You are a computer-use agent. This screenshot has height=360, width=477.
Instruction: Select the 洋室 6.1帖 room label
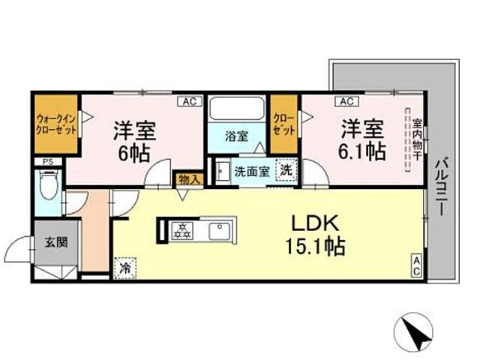click(364, 139)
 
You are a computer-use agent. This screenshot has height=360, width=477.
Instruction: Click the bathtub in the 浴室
click(233, 111)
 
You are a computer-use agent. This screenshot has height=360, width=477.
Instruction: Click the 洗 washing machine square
click(286, 170)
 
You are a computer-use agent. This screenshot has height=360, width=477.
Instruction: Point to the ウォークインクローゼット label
click(55, 121)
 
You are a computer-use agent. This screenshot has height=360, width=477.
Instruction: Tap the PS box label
click(47, 160)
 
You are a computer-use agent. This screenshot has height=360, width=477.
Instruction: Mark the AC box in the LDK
click(415, 262)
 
